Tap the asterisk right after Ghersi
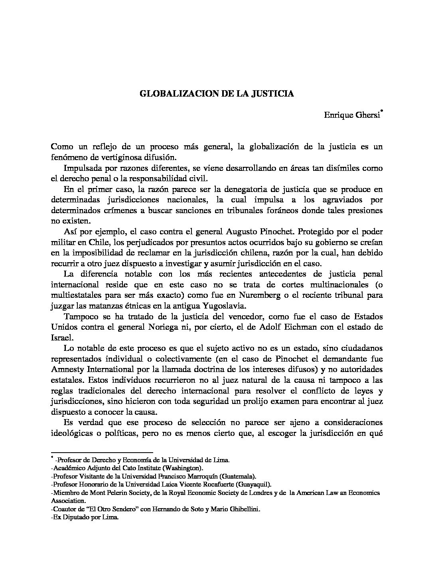[382, 113]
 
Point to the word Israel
[61, 338]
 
